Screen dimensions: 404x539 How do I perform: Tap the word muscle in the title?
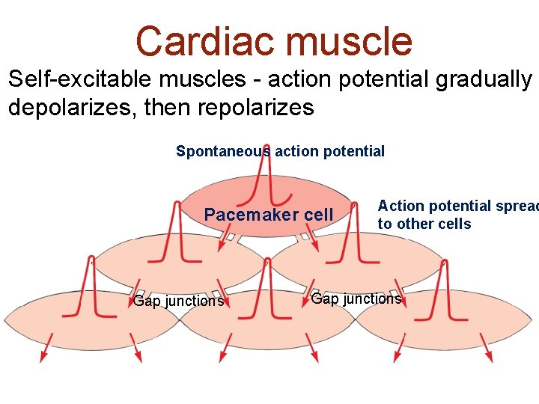tap(347, 41)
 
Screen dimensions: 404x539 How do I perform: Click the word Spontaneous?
tap(223, 151)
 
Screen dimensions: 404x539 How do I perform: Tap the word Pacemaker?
tap(249, 215)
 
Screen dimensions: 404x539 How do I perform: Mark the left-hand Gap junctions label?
tap(178, 302)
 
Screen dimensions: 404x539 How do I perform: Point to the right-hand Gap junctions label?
tap(356, 299)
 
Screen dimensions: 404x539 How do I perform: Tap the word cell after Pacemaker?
tap(318, 215)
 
